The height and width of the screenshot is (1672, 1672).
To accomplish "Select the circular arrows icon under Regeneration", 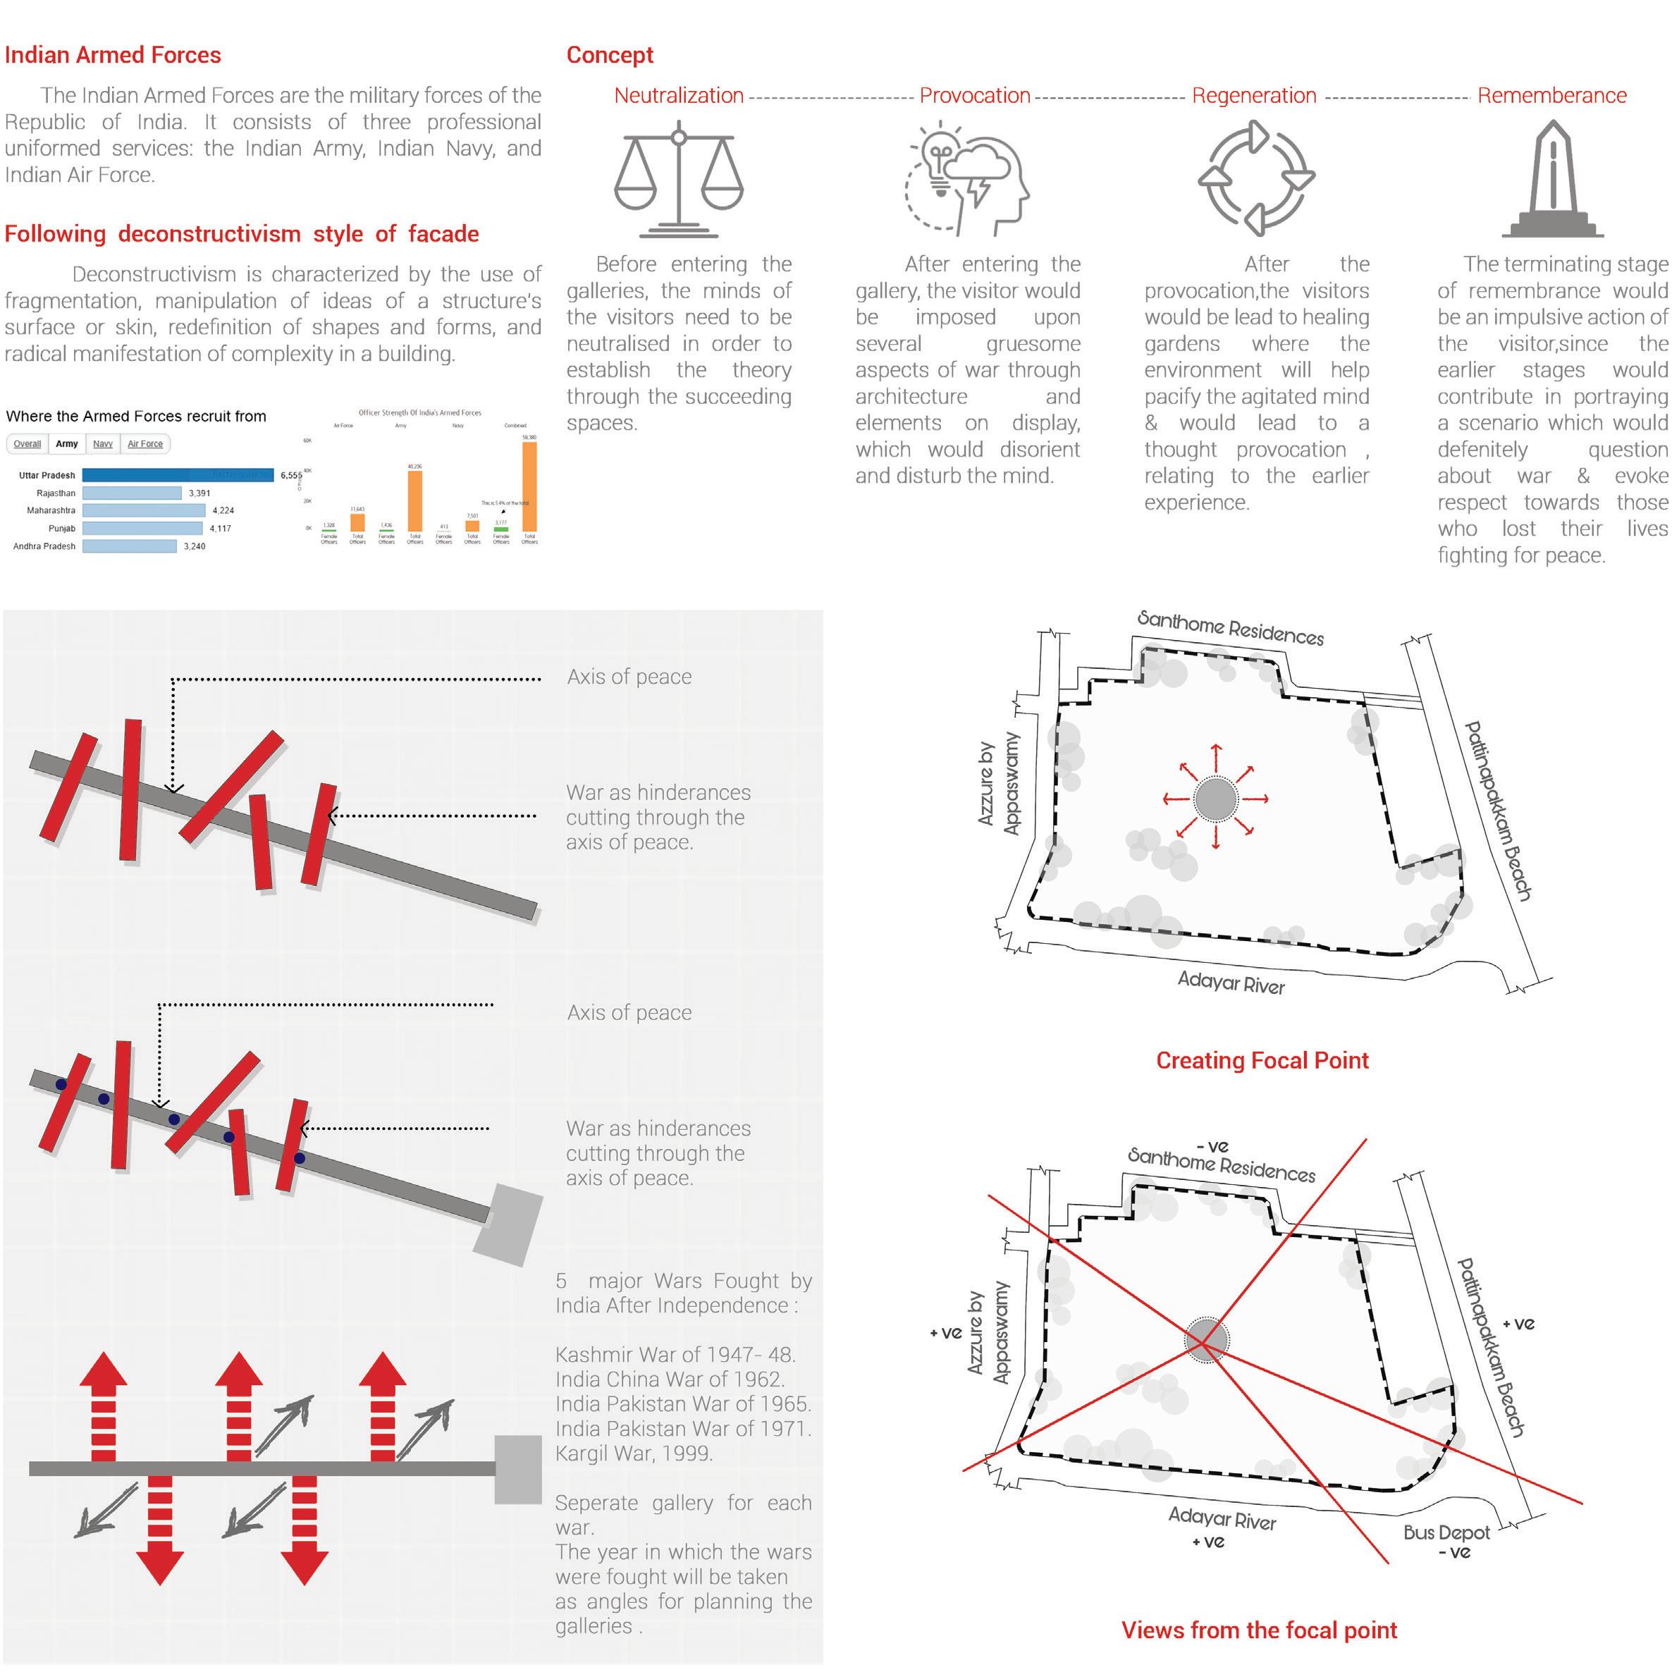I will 1255,178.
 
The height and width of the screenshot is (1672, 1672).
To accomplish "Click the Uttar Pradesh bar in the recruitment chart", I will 178,475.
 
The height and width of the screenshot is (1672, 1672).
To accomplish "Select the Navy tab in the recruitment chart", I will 103,444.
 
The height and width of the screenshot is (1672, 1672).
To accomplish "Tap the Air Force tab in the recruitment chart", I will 145,444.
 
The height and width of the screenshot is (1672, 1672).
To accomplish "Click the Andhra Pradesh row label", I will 44,546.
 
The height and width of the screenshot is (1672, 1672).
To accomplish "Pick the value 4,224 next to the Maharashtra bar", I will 223,510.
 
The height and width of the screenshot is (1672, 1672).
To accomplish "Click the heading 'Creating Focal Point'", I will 1262,1060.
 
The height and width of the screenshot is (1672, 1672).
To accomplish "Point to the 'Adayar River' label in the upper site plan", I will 1231,982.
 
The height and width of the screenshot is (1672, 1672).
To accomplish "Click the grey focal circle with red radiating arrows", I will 1215,799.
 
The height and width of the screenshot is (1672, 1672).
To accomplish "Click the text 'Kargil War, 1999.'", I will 634,1453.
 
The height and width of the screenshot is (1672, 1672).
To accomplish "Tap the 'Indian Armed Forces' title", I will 113,56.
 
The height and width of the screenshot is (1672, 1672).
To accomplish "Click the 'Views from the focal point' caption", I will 1259,1630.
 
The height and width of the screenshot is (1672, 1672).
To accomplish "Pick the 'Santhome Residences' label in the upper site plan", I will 1230,628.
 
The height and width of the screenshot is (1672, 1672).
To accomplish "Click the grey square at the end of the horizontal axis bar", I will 517,1470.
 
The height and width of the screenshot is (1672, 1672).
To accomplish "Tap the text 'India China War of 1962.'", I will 669,1379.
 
